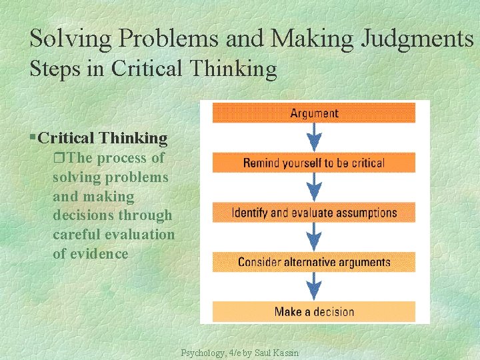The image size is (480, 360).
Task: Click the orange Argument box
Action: pyautogui.click(x=313, y=113)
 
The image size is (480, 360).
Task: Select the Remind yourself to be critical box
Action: pyautogui.click(x=313, y=163)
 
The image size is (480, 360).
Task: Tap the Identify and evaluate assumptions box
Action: pyautogui.click(x=313, y=213)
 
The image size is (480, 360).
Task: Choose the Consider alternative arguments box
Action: pyautogui.click(x=313, y=262)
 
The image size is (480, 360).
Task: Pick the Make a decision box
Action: pyautogui.click(x=313, y=311)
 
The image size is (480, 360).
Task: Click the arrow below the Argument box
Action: pyautogui.click(x=314, y=138)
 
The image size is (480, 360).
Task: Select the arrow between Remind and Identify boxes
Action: pyautogui.click(x=314, y=187)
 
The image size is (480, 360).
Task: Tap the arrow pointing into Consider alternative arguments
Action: pyautogui.click(x=314, y=237)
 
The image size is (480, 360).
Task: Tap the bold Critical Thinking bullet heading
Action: pyautogui.click(x=103, y=138)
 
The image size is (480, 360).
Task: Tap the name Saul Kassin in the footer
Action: pyautogui.click(x=277, y=352)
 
